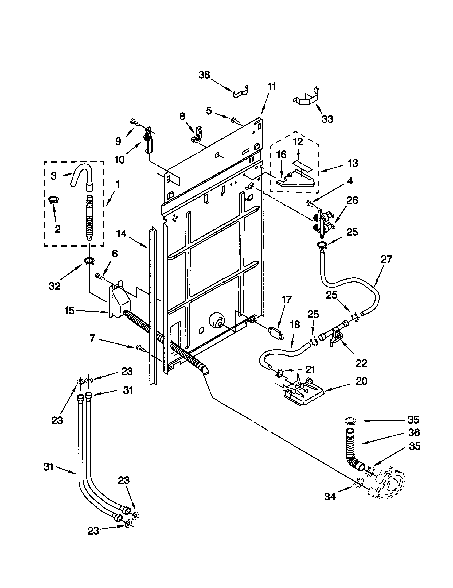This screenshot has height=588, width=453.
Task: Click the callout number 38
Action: click(x=204, y=75)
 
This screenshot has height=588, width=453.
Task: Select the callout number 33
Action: click(x=327, y=119)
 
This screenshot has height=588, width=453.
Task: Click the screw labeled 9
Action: click(x=135, y=122)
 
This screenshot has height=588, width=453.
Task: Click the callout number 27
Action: click(x=386, y=259)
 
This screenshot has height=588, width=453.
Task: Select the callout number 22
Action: click(x=361, y=363)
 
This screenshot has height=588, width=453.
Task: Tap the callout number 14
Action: click(x=121, y=234)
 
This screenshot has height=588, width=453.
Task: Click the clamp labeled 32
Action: click(x=88, y=261)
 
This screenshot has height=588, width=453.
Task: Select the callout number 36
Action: click(x=414, y=432)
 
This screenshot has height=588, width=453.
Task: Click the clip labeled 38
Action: click(x=240, y=92)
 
